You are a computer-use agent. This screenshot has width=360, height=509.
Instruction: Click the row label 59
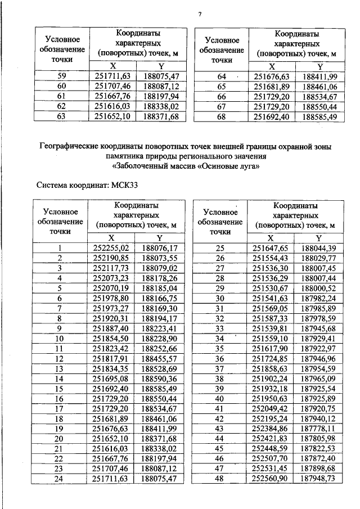(62, 76)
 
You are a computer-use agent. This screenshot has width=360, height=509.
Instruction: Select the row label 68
(221, 117)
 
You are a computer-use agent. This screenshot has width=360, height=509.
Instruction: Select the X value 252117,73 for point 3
(111, 267)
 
